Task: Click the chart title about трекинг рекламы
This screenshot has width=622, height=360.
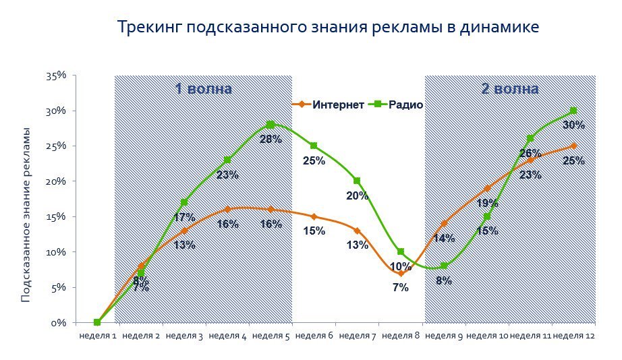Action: point(328,28)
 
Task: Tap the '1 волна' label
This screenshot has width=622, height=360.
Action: point(203,89)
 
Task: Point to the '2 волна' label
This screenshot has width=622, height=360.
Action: point(509,89)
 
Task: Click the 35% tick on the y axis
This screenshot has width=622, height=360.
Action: point(56,76)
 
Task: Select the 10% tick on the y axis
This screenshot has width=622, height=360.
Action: point(56,252)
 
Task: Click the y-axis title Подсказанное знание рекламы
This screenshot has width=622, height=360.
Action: point(26,214)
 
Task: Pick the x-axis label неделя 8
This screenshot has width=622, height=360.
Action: point(401,335)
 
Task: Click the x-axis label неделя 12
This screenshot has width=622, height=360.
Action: point(573,335)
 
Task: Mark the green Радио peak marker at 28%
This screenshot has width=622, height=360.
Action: point(271,125)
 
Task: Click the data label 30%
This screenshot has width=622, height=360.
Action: point(573,125)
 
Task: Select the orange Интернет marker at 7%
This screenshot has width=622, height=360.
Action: point(401,273)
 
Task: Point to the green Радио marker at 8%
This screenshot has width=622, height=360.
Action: point(444,266)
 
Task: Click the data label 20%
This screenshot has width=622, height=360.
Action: point(357,196)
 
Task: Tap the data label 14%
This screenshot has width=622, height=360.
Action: point(443,238)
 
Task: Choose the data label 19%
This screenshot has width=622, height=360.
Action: point(487,203)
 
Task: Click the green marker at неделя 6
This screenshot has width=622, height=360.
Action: point(314,146)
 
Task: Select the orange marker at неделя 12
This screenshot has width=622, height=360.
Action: point(573,146)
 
